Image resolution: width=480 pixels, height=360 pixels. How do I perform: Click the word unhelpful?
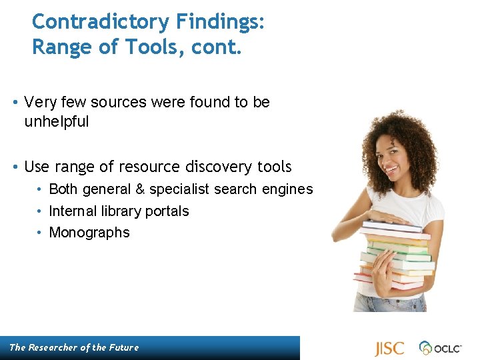click(56, 122)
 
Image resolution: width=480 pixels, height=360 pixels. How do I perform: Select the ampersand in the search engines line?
click(140, 189)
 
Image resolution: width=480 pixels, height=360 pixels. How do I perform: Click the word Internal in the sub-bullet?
click(71, 211)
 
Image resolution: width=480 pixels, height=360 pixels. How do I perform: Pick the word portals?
click(167, 211)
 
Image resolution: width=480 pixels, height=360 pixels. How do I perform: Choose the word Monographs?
click(89, 233)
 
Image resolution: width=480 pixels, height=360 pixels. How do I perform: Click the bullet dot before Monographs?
click(40, 233)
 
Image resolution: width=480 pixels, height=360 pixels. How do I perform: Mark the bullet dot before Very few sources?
click(15, 103)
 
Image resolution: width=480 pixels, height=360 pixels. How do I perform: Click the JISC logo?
click(389, 348)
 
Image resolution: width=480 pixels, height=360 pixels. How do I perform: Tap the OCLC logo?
click(440, 348)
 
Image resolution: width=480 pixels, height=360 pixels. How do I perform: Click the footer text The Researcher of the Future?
click(74, 347)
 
